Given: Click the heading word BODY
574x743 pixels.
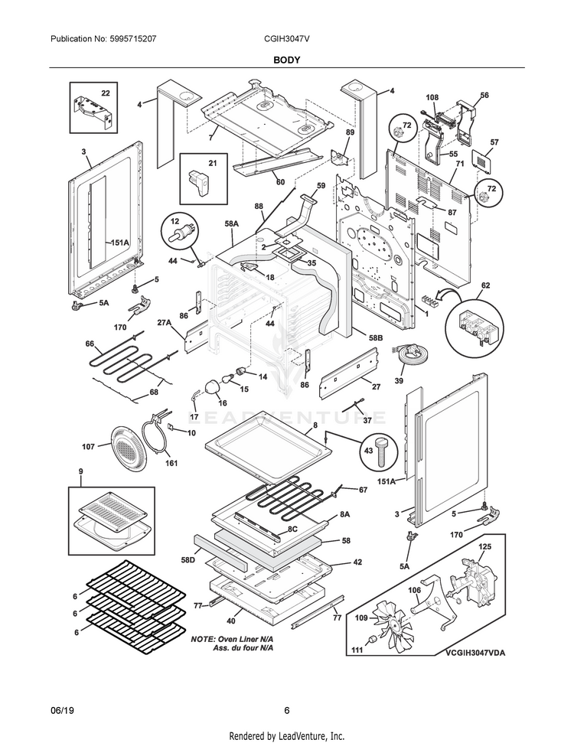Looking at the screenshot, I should click(287, 58).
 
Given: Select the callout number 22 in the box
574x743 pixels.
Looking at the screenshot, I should click(106, 93).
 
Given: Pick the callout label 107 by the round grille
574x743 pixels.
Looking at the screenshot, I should click(89, 446).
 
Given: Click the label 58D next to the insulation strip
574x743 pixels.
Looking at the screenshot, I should click(188, 560).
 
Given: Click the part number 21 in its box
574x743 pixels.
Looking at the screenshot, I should click(213, 163).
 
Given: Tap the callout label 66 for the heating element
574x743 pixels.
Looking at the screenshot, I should click(89, 344).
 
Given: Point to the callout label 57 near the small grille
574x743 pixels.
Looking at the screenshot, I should click(494, 142).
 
